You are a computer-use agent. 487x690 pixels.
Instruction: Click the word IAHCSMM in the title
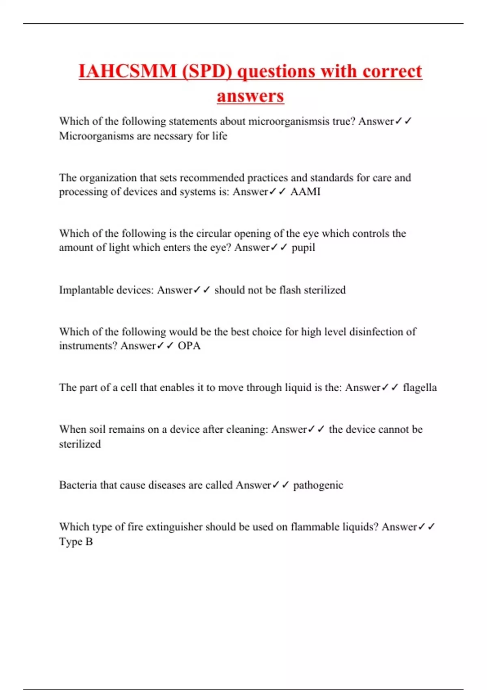pyautogui.click(x=127, y=71)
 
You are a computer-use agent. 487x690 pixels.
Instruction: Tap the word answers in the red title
pyautogui.click(x=250, y=96)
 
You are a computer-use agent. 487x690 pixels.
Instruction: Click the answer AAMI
pyautogui.click(x=305, y=192)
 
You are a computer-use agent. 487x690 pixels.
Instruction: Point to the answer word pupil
pyautogui.click(x=303, y=248)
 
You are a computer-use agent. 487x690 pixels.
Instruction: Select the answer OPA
pyautogui.click(x=189, y=346)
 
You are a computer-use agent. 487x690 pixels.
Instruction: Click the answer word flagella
pyautogui.click(x=420, y=388)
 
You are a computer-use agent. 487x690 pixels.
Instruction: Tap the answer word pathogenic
pyautogui.click(x=318, y=485)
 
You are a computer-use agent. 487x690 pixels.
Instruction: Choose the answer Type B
pyautogui.click(x=76, y=541)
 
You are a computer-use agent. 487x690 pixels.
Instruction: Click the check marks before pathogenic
pyautogui.click(x=280, y=485)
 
